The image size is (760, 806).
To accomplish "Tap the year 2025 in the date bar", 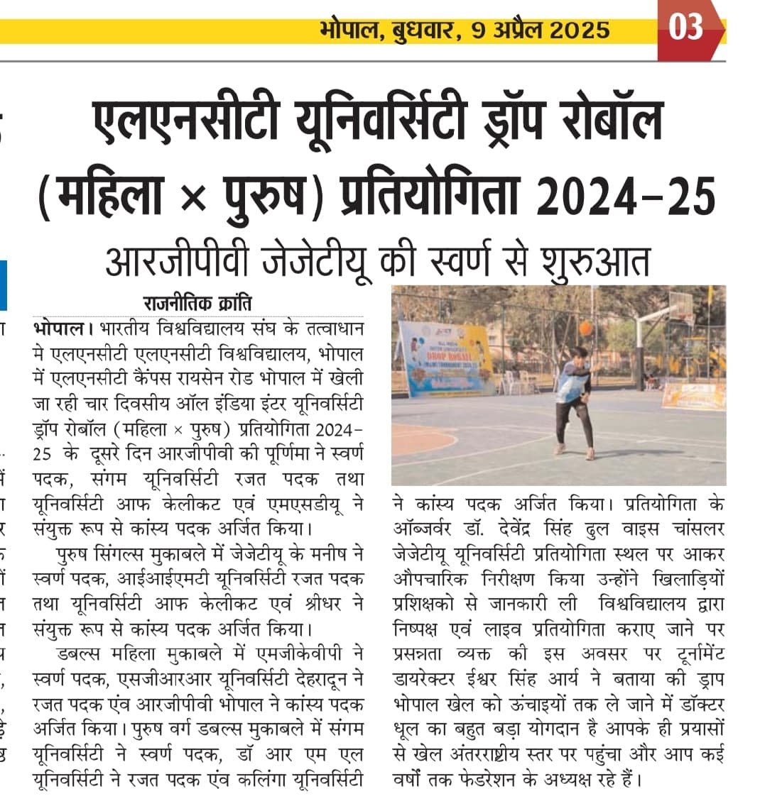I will [x=580, y=30].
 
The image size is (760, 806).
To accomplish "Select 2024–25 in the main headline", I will [x=625, y=194].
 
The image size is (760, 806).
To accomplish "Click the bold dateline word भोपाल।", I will [x=63, y=329].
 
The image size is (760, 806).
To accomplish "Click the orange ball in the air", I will [x=586, y=327].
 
